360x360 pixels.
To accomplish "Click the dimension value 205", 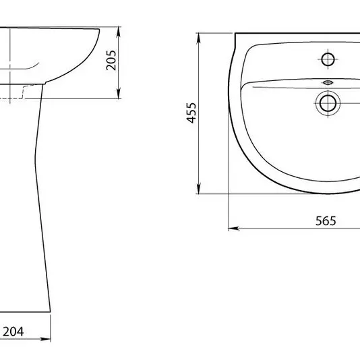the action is (x=111, y=60).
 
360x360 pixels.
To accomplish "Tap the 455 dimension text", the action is (x=191, y=113).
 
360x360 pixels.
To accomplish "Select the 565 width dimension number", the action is (x=326, y=221).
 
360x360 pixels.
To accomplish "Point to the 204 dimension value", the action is (x=13, y=332).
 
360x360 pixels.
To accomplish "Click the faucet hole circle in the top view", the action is (x=328, y=59).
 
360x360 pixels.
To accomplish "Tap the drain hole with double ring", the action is (x=328, y=103).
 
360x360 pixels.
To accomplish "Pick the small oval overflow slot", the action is (x=328, y=82).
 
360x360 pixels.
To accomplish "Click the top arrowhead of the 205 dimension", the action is (x=118, y=32).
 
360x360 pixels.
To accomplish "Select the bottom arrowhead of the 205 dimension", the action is (x=118, y=94).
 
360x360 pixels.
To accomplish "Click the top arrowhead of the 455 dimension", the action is (x=199, y=38).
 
